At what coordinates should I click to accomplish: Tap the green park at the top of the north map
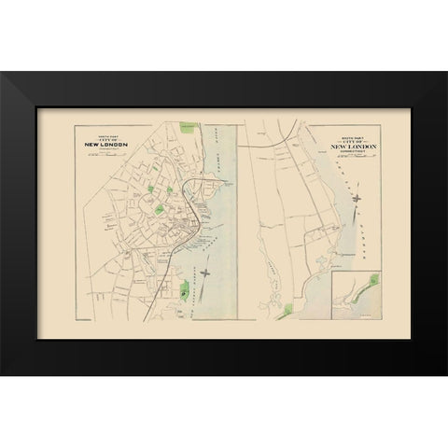[x=191, y=124]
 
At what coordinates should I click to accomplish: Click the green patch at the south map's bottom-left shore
[x=297, y=307]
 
